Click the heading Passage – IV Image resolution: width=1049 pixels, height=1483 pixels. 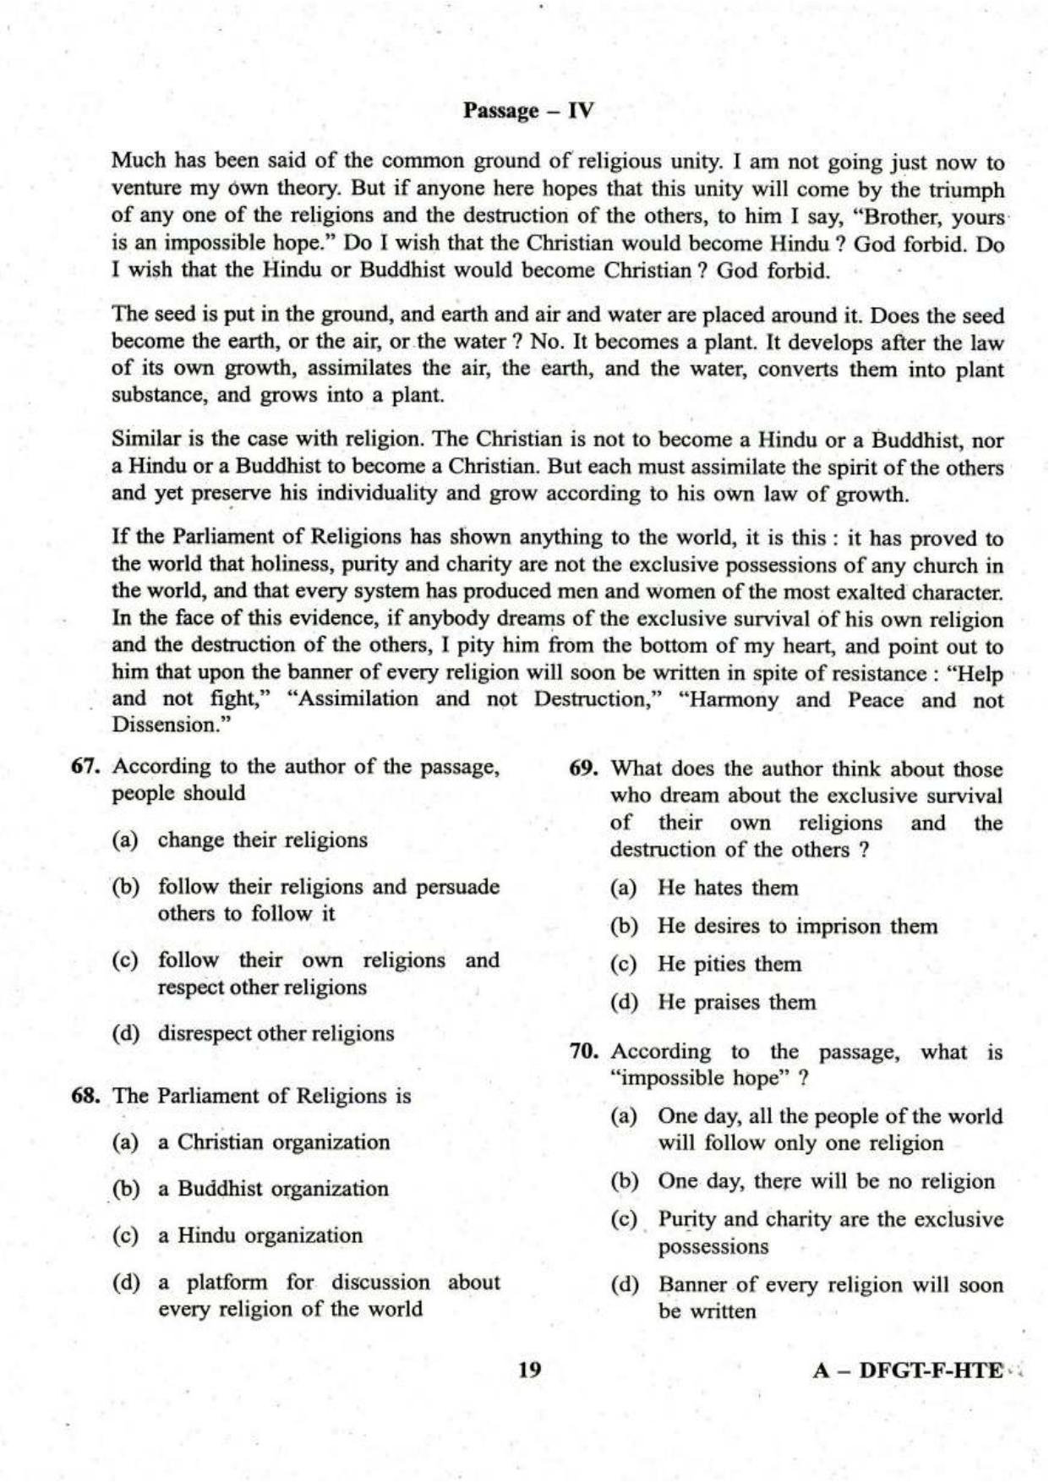pyautogui.click(x=528, y=111)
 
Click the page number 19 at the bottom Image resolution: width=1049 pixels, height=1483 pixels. pyautogui.click(x=528, y=1371)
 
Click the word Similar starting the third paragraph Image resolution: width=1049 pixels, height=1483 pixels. pyautogui.click(x=141, y=440)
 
